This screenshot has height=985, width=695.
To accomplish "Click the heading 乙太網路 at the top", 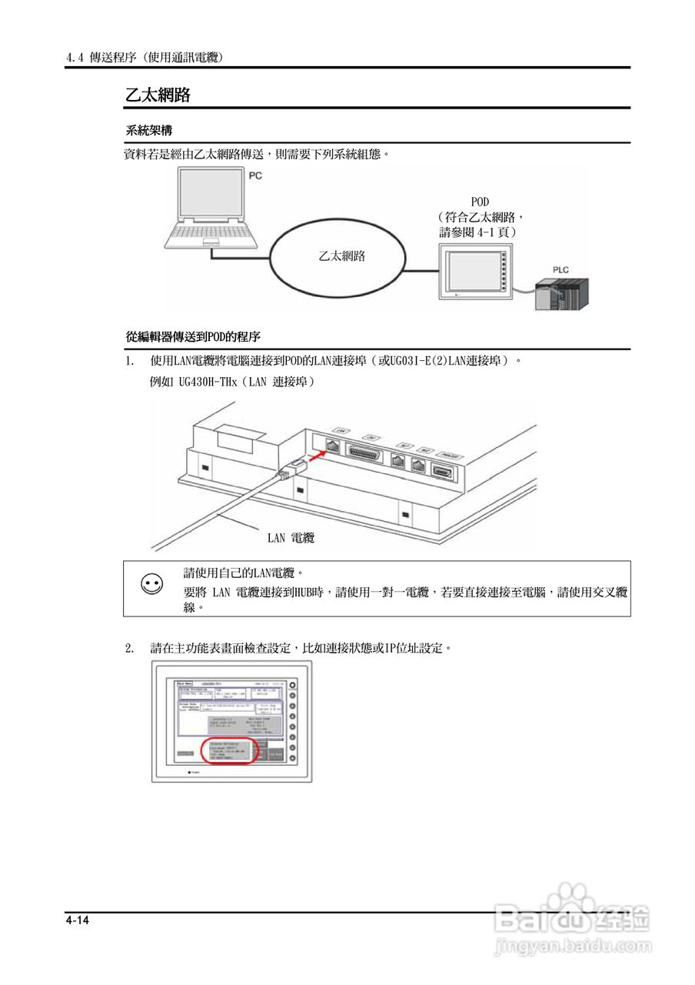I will [158, 95].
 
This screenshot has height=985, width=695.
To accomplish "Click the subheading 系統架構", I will [148, 131].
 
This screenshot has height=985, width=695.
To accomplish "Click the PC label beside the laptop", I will [256, 176].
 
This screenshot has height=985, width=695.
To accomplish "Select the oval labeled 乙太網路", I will [341, 257].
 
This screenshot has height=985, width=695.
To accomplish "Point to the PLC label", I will [561, 269].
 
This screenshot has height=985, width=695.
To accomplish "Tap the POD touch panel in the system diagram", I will [470, 270].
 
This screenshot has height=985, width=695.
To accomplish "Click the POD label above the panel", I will [480, 202].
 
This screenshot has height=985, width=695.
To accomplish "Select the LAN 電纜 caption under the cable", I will [291, 539].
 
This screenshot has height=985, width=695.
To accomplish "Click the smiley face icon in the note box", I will [152, 585].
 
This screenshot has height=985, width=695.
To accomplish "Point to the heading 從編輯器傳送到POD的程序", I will [193, 337].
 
